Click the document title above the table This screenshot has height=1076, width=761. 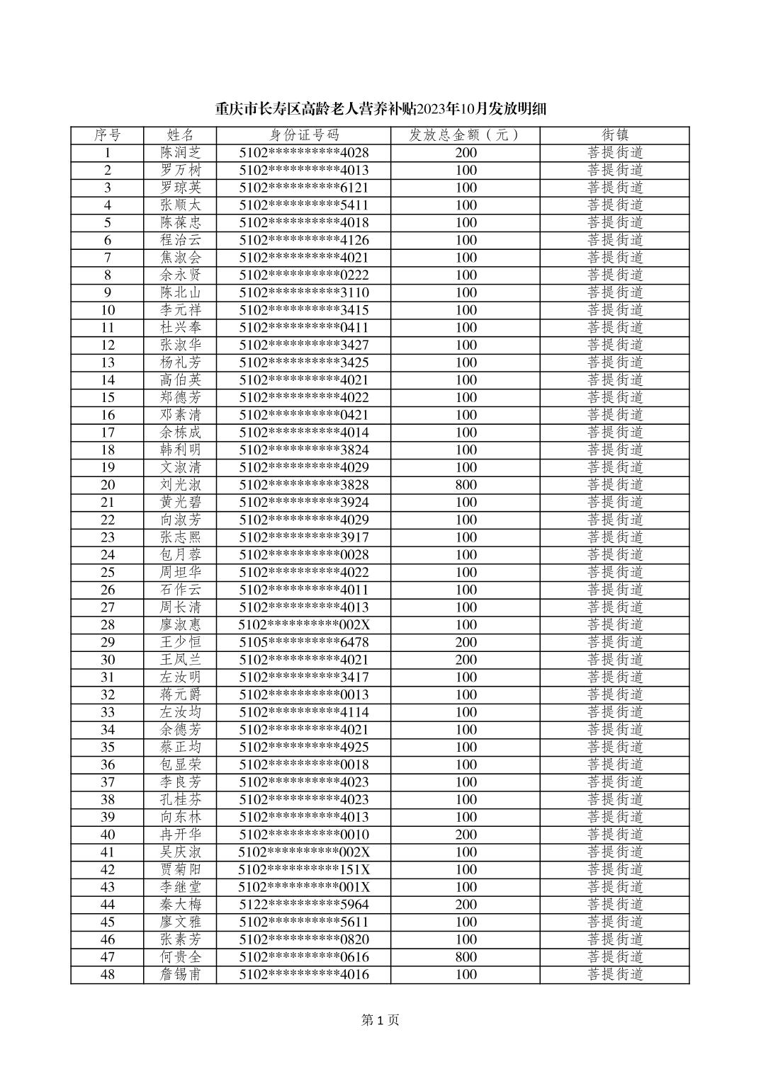380,110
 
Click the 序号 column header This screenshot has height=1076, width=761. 108,135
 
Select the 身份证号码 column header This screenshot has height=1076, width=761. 304,135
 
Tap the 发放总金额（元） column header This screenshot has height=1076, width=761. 466,135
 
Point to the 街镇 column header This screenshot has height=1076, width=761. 615,135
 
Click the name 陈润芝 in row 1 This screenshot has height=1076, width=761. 181,153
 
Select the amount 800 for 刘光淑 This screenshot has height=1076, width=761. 466,485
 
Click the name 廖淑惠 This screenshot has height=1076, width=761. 181,625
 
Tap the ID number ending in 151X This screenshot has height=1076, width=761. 304,870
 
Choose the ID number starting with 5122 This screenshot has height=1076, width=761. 304,905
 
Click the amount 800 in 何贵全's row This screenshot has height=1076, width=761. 466,957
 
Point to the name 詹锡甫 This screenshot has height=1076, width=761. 181,975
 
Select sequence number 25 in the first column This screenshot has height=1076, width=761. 108,573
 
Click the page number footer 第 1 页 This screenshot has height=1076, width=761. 380,1020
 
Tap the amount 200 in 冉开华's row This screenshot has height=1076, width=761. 466,835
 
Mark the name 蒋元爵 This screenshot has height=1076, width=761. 181,695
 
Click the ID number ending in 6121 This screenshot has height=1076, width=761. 304,188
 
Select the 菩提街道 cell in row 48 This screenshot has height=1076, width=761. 615,975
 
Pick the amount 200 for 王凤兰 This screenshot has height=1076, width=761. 466,660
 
